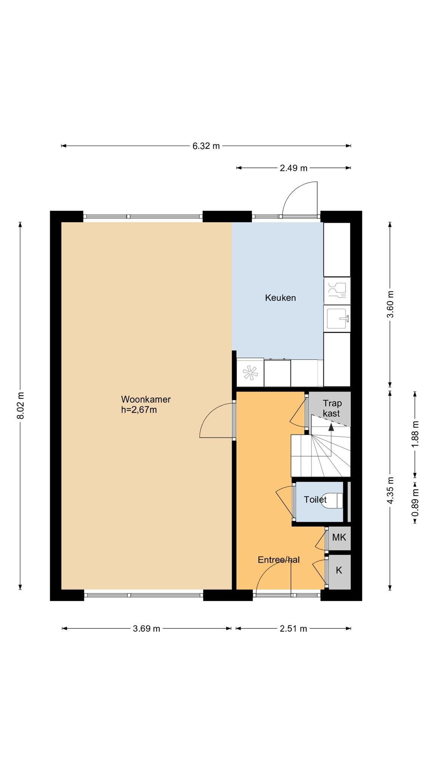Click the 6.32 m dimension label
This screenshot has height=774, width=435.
pyautogui.click(x=206, y=146)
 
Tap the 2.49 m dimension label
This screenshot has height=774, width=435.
pyautogui.click(x=293, y=168)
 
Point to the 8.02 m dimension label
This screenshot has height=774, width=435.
pyautogui.click(x=20, y=405)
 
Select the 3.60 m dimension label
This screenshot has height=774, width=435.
pyautogui.click(x=390, y=304)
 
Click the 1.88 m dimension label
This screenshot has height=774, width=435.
pyautogui.click(x=415, y=434)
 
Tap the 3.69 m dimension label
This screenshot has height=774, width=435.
pyautogui.click(x=147, y=628)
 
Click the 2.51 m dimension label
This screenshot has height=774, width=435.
pyautogui.click(x=293, y=628)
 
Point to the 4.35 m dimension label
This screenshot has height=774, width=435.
pyautogui.click(x=390, y=490)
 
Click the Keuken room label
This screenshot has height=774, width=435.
pyautogui.click(x=280, y=298)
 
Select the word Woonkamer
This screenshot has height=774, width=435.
pyautogui.click(x=146, y=399)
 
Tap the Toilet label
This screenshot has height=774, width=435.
pyautogui.click(x=315, y=500)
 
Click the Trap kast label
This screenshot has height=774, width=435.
pyautogui.click(x=332, y=408)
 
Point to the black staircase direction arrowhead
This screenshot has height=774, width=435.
pyautogui.click(x=331, y=427)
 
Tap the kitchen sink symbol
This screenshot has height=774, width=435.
pyautogui.click(x=337, y=319)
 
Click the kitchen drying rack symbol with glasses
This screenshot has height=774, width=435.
pyautogui.click(x=337, y=291)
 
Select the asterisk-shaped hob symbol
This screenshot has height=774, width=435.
pyautogui.click(x=250, y=373)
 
